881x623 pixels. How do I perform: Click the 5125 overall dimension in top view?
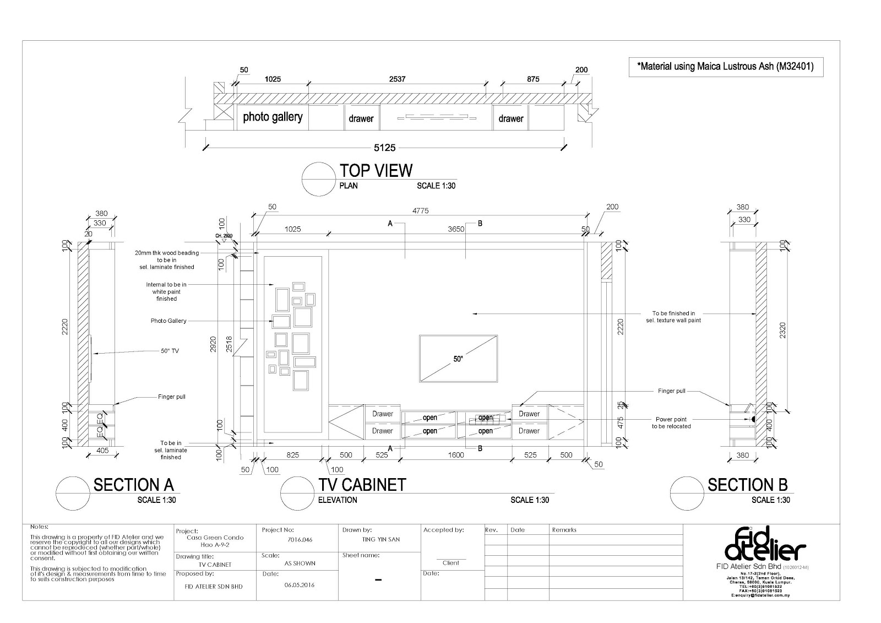point(385,148)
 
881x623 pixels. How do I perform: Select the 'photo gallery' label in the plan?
point(273,117)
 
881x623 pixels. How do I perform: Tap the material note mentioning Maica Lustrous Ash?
point(725,67)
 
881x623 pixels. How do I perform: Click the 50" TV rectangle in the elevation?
point(458,358)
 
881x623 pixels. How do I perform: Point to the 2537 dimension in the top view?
point(397,79)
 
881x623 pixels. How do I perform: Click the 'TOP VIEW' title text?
point(376,171)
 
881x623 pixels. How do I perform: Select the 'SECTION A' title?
point(133,485)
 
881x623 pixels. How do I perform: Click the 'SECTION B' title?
point(747,485)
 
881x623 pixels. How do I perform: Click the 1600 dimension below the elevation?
point(456,455)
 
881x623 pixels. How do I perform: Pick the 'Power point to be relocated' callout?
point(671,422)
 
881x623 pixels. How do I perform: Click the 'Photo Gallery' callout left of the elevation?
point(168,321)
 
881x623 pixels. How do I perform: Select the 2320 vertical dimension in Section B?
point(782,329)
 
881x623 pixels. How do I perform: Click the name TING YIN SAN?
point(382,540)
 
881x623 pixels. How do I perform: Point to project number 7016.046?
point(300,540)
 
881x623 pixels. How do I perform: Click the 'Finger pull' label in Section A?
point(172,397)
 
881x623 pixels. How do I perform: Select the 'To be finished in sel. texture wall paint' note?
point(673,317)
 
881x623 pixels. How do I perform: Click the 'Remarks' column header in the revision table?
point(564,530)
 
